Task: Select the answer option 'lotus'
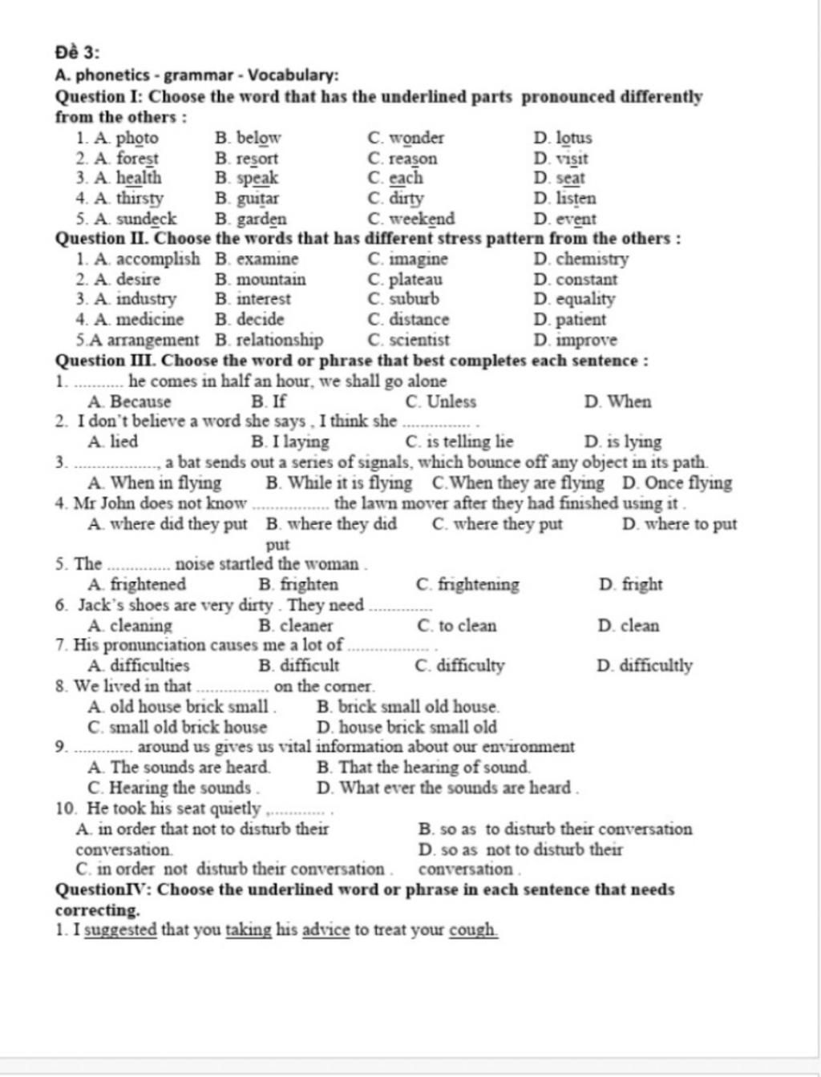point(573,138)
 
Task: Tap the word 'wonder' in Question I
point(416,138)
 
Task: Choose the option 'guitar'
point(257,198)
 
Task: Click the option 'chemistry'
point(592,259)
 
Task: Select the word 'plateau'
point(415,280)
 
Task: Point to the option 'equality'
point(585,299)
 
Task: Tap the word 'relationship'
point(279,340)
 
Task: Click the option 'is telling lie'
point(470,442)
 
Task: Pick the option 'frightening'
point(479,584)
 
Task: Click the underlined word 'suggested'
point(120,930)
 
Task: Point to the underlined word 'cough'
point(473,930)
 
